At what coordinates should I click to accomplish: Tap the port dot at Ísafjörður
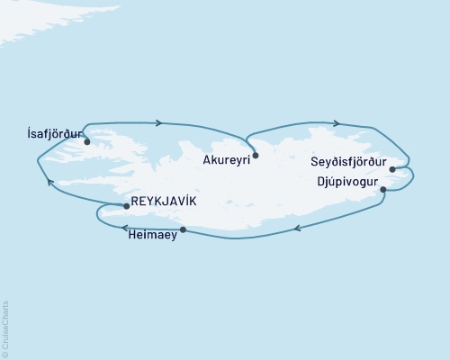point(87,141)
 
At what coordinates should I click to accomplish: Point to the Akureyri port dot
point(256,155)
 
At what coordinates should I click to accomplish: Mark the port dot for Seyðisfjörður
point(391,169)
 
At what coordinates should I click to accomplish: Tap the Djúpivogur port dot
point(384,190)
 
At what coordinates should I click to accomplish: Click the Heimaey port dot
point(184,230)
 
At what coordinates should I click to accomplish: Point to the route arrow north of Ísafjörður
point(158,123)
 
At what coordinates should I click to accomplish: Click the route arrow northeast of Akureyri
point(335,123)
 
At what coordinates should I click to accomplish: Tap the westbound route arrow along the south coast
point(296,229)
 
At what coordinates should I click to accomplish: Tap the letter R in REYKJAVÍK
point(136,201)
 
